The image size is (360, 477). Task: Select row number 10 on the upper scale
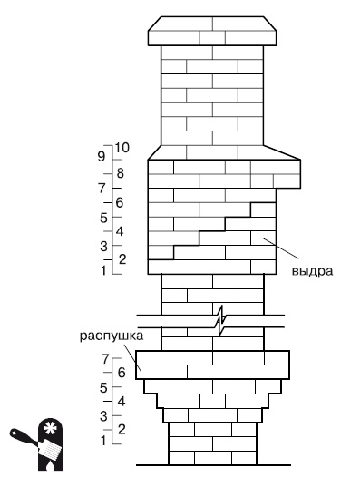click(x=123, y=147)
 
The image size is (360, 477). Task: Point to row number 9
click(x=102, y=156)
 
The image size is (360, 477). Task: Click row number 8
click(x=119, y=172)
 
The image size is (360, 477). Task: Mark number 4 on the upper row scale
click(x=119, y=230)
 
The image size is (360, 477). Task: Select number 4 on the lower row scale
click(x=120, y=400)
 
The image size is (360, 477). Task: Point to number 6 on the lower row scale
click(x=120, y=373)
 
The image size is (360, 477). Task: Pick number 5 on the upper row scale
click(x=103, y=217)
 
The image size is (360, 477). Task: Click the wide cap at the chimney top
click(x=212, y=31)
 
